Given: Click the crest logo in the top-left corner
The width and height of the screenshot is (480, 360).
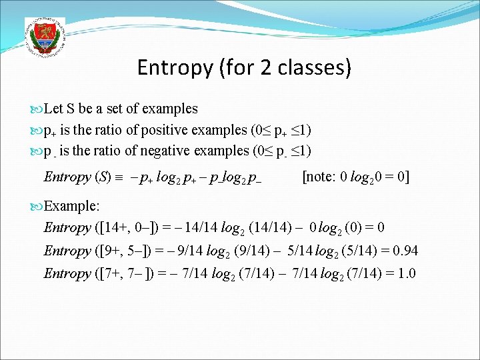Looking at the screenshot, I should (44, 37).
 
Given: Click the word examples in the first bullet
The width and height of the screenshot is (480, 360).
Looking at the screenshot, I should (170, 108).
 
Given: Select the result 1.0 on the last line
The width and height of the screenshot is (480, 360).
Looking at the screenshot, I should (403, 273).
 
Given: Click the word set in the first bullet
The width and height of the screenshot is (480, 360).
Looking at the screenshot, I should (110, 108).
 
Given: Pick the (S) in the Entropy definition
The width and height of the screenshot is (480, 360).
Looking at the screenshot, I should (103, 177).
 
